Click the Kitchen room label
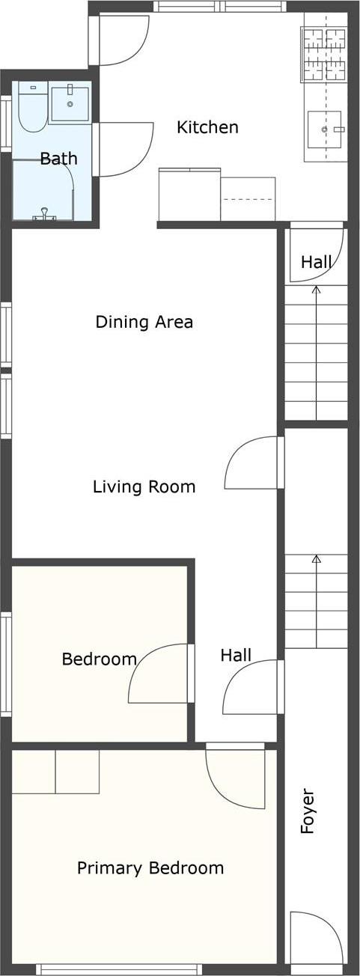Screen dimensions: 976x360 (x=207, y=127)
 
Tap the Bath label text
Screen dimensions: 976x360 (x=58, y=159)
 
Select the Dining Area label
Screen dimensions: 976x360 (x=144, y=322)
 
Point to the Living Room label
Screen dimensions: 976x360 (x=144, y=487)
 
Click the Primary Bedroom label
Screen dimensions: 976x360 (x=150, y=868)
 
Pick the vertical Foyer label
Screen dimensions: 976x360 (x=307, y=811)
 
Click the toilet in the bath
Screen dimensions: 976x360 (x=31, y=109)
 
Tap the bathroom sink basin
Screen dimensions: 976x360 (x=70, y=103)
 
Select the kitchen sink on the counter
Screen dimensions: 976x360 (x=324, y=129)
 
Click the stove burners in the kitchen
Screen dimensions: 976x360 (x=324, y=55)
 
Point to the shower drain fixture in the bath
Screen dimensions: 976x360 (x=46, y=215)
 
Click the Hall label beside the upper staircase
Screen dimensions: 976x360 (x=317, y=262)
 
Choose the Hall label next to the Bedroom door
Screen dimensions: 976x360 (x=236, y=656)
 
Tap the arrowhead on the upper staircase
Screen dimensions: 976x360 (x=316, y=289)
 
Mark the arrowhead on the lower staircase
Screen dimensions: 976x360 (x=316, y=558)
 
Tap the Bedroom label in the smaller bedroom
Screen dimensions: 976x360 (x=99, y=659)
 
